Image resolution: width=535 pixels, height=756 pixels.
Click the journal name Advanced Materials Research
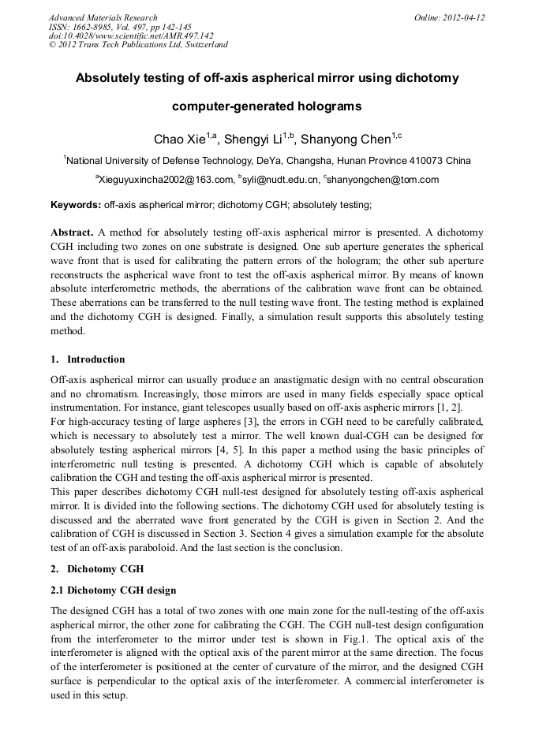103,17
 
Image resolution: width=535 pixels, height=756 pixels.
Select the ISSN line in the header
114,27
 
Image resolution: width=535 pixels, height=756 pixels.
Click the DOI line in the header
131,35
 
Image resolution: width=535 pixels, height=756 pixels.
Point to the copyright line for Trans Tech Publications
138,45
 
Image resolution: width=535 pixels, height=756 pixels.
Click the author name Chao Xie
179,140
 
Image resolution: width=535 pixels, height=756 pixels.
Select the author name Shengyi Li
253,140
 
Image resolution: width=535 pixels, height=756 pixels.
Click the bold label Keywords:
76,205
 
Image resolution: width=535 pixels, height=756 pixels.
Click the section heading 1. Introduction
88,359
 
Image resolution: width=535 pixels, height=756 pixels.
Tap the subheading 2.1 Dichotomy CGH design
113,590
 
